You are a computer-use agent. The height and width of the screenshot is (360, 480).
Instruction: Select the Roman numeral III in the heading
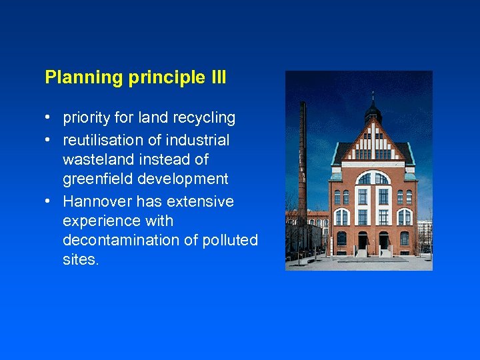point(218,77)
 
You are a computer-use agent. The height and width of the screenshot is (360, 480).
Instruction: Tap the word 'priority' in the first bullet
point(86,118)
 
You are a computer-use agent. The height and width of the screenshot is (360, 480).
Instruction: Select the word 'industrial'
point(196,140)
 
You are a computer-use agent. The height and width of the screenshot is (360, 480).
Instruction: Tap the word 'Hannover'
point(95,201)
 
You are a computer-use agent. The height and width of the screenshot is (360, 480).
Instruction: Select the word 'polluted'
point(230,240)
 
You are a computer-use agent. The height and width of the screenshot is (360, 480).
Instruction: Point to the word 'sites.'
point(81,259)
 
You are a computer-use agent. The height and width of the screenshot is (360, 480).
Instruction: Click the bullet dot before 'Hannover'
point(49,201)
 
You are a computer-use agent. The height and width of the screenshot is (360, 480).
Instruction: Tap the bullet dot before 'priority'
point(49,118)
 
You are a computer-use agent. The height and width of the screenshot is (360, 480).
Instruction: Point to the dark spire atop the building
point(373,107)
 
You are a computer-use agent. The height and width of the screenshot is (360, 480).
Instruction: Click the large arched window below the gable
point(373,178)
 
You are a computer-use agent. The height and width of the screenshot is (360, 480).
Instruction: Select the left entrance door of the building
point(362,241)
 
